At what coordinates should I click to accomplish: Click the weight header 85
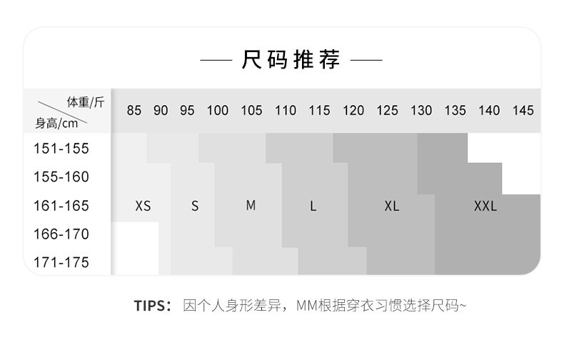[x=134, y=110]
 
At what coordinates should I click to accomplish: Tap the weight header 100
[x=217, y=110]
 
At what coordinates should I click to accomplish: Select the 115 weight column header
[x=319, y=110]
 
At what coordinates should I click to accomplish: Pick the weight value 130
[x=421, y=110]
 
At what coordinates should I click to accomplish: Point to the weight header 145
[x=523, y=110]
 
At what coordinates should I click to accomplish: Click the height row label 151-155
[x=61, y=149]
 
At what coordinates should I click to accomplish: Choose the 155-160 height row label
[x=61, y=176]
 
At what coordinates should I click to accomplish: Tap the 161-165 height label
[x=61, y=206]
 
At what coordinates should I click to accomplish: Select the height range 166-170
[x=61, y=234]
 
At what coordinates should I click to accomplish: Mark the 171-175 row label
[x=61, y=262]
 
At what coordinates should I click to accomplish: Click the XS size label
[x=143, y=206]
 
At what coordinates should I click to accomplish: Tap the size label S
[x=195, y=206]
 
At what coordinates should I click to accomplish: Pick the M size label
[x=251, y=205]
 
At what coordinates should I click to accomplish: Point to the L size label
[x=313, y=206]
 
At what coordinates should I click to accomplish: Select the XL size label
[x=392, y=206]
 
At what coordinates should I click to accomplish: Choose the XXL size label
[x=485, y=206]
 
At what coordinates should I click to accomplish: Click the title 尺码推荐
[x=291, y=59]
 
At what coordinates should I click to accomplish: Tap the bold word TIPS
[x=150, y=306]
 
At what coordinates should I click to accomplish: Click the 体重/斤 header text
[x=86, y=102]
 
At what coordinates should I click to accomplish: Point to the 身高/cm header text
[x=56, y=124]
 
